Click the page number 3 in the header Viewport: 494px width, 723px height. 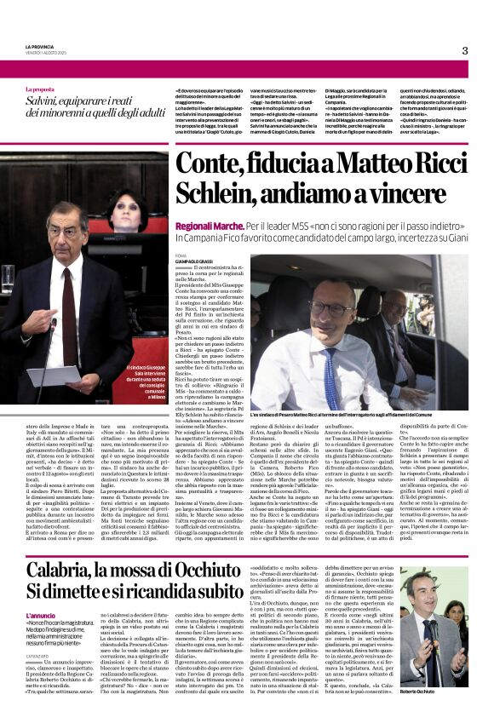[465, 50]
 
